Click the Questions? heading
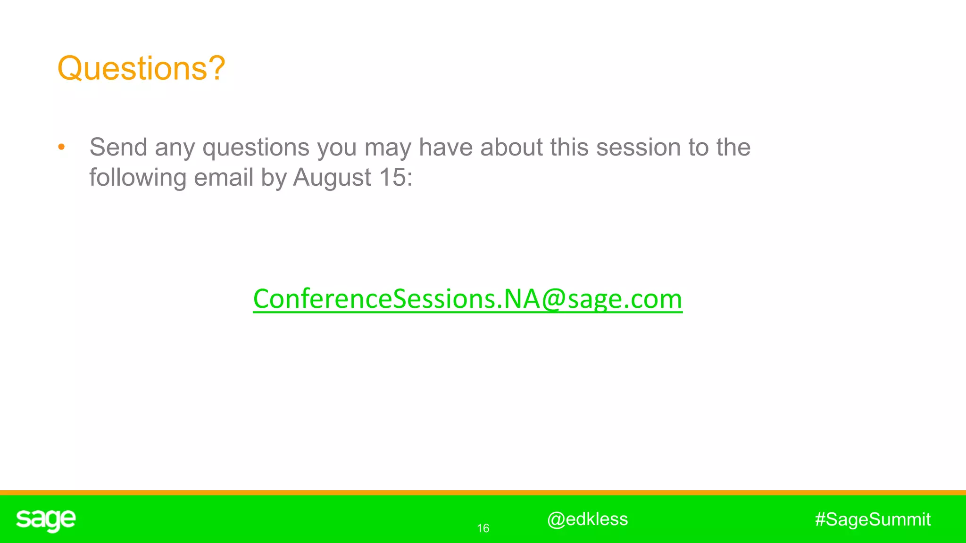[x=141, y=68]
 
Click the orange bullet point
[x=61, y=148]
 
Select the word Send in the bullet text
[x=118, y=147]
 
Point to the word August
[x=332, y=178]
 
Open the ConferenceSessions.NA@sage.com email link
[x=467, y=299]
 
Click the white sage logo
[x=46, y=520]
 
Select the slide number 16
[x=483, y=528]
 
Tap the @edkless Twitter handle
[x=587, y=519]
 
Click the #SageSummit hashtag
[x=873, y=519]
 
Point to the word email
[x=224, y=178]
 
